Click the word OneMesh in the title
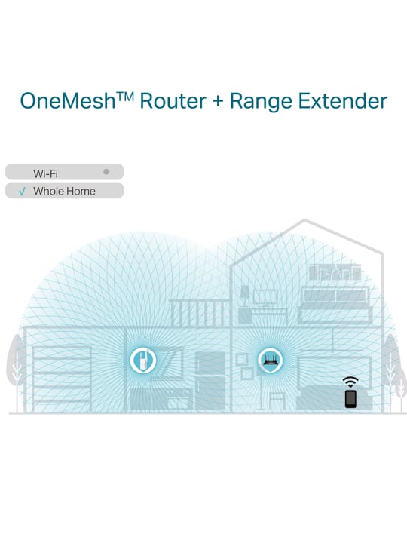pos(68,101)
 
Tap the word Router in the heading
pos(173,101)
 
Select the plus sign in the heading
pos(218,102)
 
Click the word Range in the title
pos(261,102)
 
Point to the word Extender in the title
pos(343,101)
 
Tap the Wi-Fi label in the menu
pos(45,173)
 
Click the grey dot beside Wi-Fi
pos(106,172)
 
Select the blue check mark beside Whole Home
pos(22,191)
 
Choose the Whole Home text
pos(64,191)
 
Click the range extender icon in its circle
pos(143,360)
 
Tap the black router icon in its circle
pos(271,360)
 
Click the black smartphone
pos(350,399)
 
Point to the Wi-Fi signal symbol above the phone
pos(350,382)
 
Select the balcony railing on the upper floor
pos(200,313)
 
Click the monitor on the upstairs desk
pos(265,298)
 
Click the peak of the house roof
pos(304,219)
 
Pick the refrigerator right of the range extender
pos(210,382)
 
